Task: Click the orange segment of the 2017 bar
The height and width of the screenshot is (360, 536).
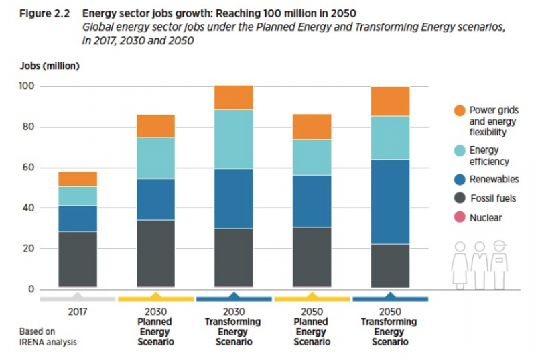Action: [x=78, y=178]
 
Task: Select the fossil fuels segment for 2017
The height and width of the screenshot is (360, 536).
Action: [x=78, y=259]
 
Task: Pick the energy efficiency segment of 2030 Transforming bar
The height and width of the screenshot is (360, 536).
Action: [x=234, y=139]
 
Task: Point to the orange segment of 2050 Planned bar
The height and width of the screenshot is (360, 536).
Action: [x=312, y=127]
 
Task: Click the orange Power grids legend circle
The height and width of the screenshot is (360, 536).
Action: [x=459, y=110]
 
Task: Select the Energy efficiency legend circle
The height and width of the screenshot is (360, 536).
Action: [x=459, y=152]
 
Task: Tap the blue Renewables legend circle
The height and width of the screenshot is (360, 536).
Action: [x=459, y=180]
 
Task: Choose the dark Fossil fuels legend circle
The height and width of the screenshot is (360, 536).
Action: [x=459, y=199]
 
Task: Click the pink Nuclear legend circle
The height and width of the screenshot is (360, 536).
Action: [x=459, y=217]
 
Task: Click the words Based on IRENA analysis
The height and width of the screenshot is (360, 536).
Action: [x=49, y=337]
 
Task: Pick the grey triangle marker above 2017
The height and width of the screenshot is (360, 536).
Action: [x=78, y=295]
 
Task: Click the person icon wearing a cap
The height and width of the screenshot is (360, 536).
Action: [x=498, y=265]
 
